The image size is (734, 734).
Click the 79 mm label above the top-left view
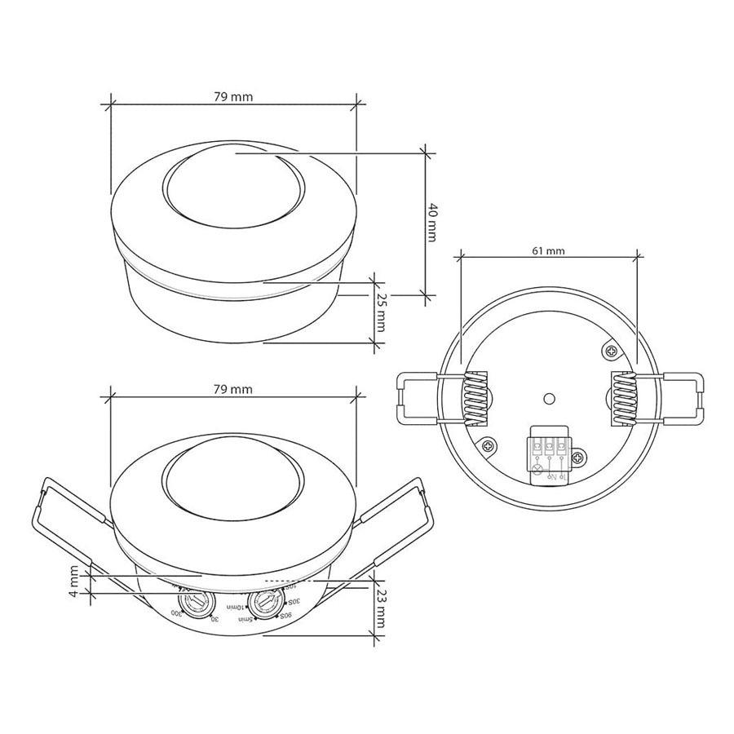[x=233, y=96]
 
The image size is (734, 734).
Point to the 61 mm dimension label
[x=548, y=250]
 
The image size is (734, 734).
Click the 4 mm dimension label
[x=75, y=582]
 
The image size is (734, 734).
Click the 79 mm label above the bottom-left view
[x=233, y=390]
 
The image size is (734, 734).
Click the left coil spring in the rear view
[x=474, y=398]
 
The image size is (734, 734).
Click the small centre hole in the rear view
[x=549, y=399]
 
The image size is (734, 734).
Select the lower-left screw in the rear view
[x=487, y=446]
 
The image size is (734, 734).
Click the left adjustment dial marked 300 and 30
[x=195, y=604]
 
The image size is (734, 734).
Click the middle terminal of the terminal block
[x=549, y=448]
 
